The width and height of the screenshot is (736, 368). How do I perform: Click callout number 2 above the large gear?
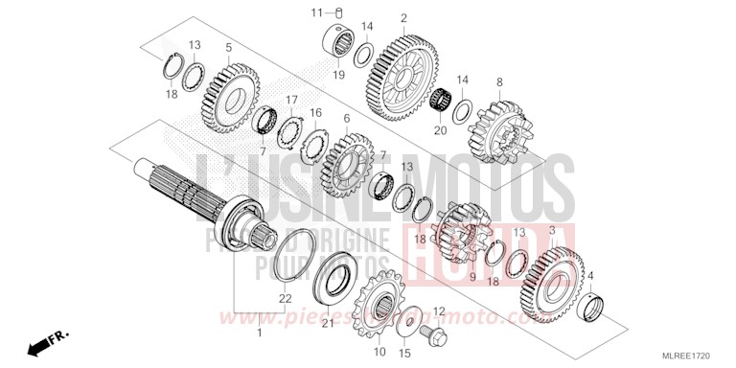(404, 18)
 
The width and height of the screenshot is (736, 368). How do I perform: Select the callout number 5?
(228, 47)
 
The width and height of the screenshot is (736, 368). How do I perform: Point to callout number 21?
(326, 325)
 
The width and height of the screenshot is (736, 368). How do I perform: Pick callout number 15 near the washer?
(403, 354)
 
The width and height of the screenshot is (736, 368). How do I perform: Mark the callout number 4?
(590, 275)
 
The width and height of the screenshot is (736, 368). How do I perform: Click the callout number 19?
(338, 73)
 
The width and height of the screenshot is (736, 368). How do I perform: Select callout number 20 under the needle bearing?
(440, 130)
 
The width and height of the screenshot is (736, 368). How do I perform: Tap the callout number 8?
(499, 81)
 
